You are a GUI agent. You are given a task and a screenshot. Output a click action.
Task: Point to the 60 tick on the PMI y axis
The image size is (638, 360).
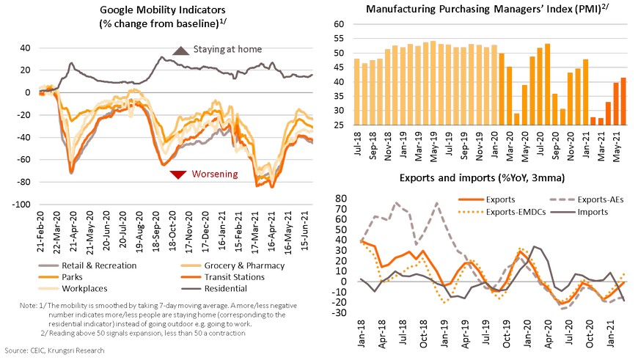click(339, 24)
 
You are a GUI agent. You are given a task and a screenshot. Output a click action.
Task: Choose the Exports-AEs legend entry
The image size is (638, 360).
click(584, 198)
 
